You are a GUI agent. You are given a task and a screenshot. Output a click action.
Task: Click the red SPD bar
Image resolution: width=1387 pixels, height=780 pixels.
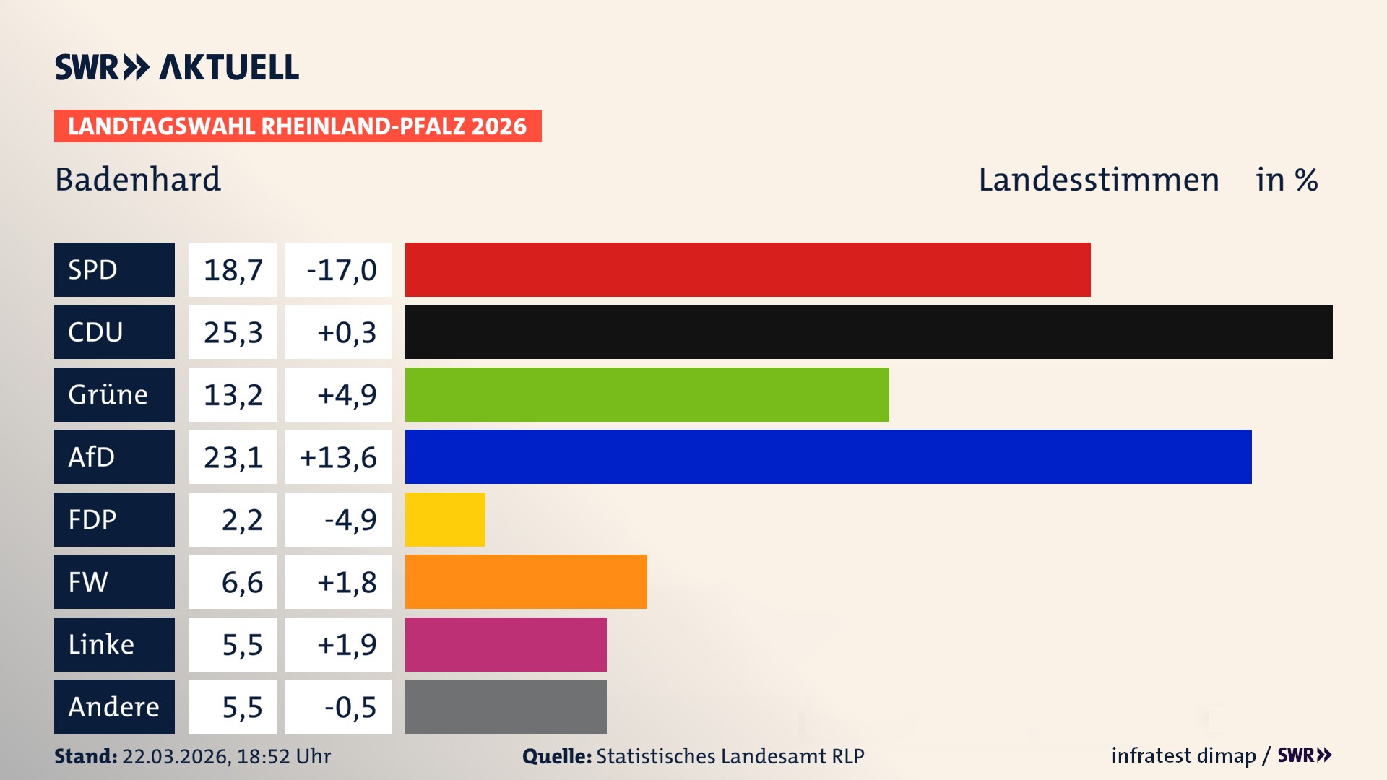(748, 269)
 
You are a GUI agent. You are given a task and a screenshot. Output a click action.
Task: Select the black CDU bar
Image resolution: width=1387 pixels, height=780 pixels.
(868, 332)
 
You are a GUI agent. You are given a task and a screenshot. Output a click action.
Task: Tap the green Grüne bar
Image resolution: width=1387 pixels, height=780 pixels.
(647, 394)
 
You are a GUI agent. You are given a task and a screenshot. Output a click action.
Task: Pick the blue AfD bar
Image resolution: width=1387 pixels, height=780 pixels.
(828, 456)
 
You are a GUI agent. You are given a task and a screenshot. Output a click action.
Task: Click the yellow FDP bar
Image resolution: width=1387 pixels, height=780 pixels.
(445, 519)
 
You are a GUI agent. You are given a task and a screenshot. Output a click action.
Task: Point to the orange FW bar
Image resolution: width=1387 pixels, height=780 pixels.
(526, 581)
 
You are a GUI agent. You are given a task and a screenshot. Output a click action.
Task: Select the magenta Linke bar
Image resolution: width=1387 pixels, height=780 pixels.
(506, 644)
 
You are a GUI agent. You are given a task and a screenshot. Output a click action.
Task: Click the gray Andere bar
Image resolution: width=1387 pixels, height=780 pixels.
(506, 706)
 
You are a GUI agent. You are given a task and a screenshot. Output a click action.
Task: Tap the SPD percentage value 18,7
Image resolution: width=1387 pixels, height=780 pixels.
(233, 270)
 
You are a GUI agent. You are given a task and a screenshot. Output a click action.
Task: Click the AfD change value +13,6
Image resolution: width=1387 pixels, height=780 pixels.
(338, 457)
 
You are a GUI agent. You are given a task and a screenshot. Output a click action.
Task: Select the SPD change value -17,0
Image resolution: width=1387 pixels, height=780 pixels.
(341, 270)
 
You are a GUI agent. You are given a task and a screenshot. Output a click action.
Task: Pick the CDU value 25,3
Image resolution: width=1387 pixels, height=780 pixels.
(233, 332)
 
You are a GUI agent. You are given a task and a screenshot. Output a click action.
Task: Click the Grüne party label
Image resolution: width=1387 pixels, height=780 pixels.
(108, 394)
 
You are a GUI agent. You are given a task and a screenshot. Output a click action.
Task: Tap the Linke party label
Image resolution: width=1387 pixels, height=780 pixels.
(101, 644)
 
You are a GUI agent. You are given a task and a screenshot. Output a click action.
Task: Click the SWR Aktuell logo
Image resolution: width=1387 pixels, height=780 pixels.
(176, 67)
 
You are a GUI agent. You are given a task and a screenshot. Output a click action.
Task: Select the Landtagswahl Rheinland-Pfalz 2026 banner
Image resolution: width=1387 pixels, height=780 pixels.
(297, 126)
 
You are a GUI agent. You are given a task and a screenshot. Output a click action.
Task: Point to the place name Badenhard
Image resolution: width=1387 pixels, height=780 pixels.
(138, 180)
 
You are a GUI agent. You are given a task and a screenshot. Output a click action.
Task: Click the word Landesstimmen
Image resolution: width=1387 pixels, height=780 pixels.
(1098, 180)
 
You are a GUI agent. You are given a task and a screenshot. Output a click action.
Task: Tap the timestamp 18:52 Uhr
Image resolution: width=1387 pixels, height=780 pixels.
(283, 756)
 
